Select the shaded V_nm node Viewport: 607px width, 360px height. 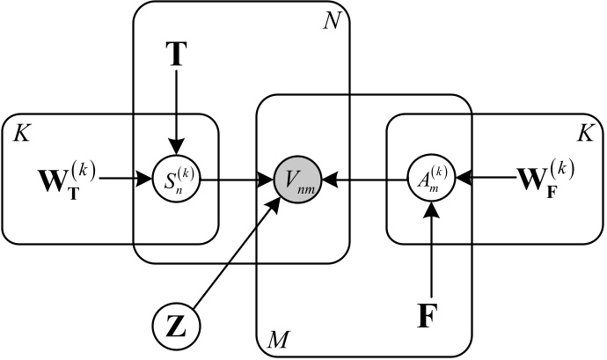click(295, 180)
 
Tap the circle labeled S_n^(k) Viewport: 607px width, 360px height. click(176, 180)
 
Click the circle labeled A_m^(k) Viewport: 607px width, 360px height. click(431, 180)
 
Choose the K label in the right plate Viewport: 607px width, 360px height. click(584, 133)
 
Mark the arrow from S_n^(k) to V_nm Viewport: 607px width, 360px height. click(236, 180)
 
